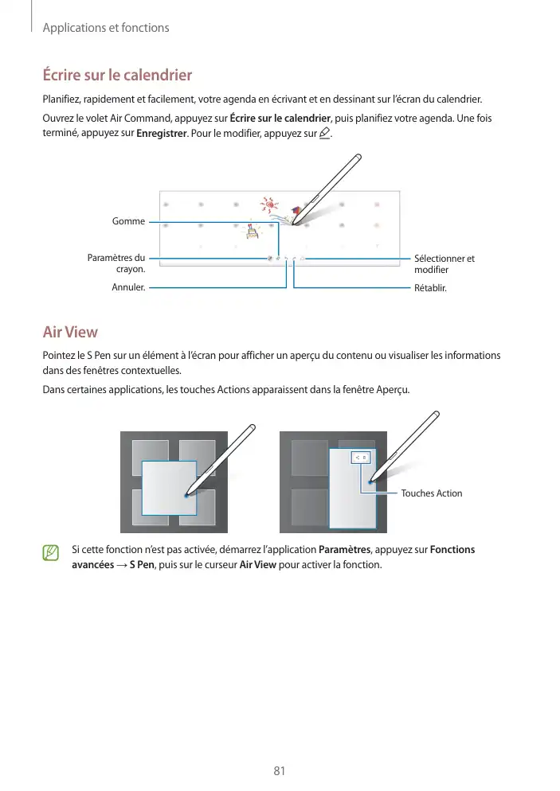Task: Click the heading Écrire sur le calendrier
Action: tap(116, 76)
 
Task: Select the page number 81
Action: tap(279, 770)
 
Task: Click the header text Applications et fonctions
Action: tap(105, 28)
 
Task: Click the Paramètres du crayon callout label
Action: tap(116, 263)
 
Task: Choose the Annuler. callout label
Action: tap(129, 287)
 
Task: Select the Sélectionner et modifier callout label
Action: tap(444, 264)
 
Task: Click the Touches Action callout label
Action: tap(431, 493)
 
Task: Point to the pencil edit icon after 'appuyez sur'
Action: tap(323, 133)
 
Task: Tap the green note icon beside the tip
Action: tap(52, 551)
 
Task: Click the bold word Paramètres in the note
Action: tap(344, 550)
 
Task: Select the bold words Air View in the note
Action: tap(258, 565)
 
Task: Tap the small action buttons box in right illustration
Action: tap(361, 458)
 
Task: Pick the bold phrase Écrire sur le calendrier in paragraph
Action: tap(280, 119)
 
